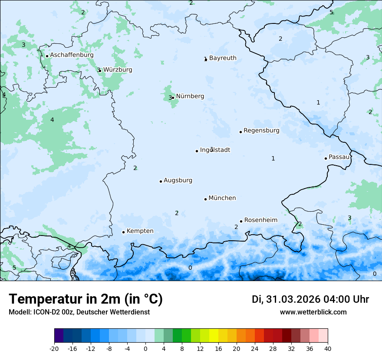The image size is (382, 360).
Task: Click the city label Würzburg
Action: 118,70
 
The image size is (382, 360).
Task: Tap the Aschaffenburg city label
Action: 72,55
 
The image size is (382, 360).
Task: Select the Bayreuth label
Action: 223,58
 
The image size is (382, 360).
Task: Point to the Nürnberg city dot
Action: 173,98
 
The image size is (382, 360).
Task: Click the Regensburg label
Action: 261,131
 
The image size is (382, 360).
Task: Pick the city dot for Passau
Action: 326,158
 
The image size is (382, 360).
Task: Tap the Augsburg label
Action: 178,180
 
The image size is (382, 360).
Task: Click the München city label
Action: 222,198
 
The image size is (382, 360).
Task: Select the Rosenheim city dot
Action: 241,221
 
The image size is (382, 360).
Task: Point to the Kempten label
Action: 140,231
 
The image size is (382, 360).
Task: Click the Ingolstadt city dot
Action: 197,151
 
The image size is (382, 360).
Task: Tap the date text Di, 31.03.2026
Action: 286,299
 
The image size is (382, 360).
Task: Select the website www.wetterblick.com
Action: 313,312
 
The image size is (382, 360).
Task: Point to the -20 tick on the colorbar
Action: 54,348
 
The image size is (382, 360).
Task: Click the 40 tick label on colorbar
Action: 327,348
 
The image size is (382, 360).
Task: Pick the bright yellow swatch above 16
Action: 214,336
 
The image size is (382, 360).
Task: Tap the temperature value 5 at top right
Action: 331,12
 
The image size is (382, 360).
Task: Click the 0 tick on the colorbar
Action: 145,348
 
